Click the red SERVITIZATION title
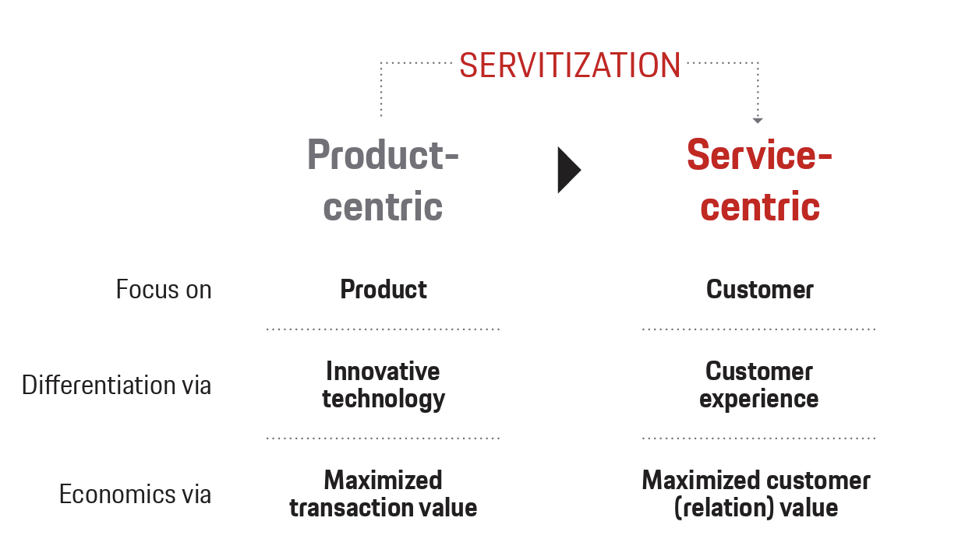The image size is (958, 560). point(570,65)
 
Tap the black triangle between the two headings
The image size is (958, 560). point(569,169)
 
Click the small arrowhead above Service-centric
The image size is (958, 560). point(757,121)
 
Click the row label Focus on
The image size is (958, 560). point(164,290)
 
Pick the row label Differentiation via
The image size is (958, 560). point(117,385)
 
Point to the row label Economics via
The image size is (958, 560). point(136,494)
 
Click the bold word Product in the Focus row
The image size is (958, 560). point(384,290)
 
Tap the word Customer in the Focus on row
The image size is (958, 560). point(760,290)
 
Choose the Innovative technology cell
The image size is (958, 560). point(383,385)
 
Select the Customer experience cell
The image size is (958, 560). point(759,385)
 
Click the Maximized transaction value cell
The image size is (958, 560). point(383,494)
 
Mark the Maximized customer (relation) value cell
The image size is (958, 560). point(756,494)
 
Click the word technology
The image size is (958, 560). point(384,399)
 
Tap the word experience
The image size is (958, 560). point(759,400)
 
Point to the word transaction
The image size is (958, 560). point(348,508)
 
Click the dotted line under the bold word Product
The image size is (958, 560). point(383,329)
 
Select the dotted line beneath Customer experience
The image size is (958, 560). point(759,438)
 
